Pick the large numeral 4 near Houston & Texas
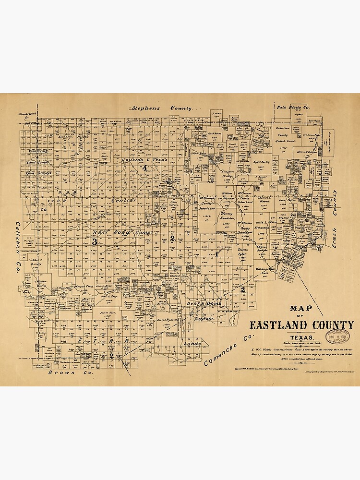click(x=144, y=168)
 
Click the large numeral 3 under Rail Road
click(x=95, y=242)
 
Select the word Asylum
click(x=203, y=318)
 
